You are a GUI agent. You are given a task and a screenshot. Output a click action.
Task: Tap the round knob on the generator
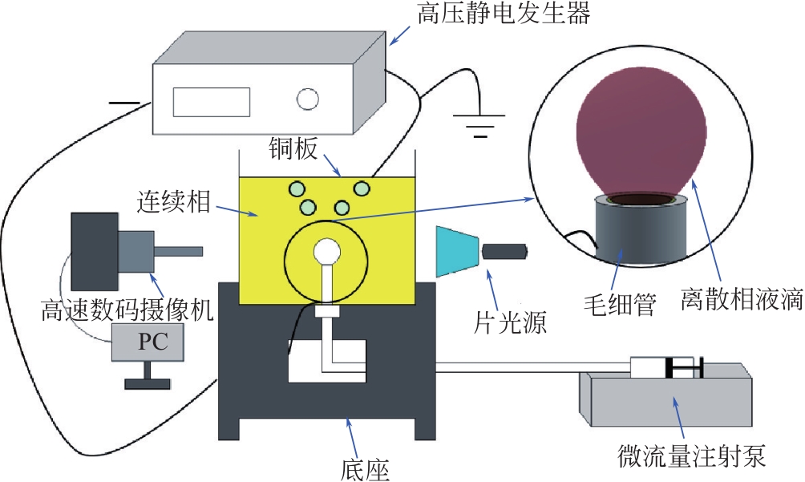click(x=308, y=99)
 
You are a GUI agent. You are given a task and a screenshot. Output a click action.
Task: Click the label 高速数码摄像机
click(x=128, y=310)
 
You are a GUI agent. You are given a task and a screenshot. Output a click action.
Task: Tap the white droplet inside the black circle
click(x=327, y=252)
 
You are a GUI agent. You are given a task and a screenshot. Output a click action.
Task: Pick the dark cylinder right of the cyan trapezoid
click(x=504, y=251)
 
